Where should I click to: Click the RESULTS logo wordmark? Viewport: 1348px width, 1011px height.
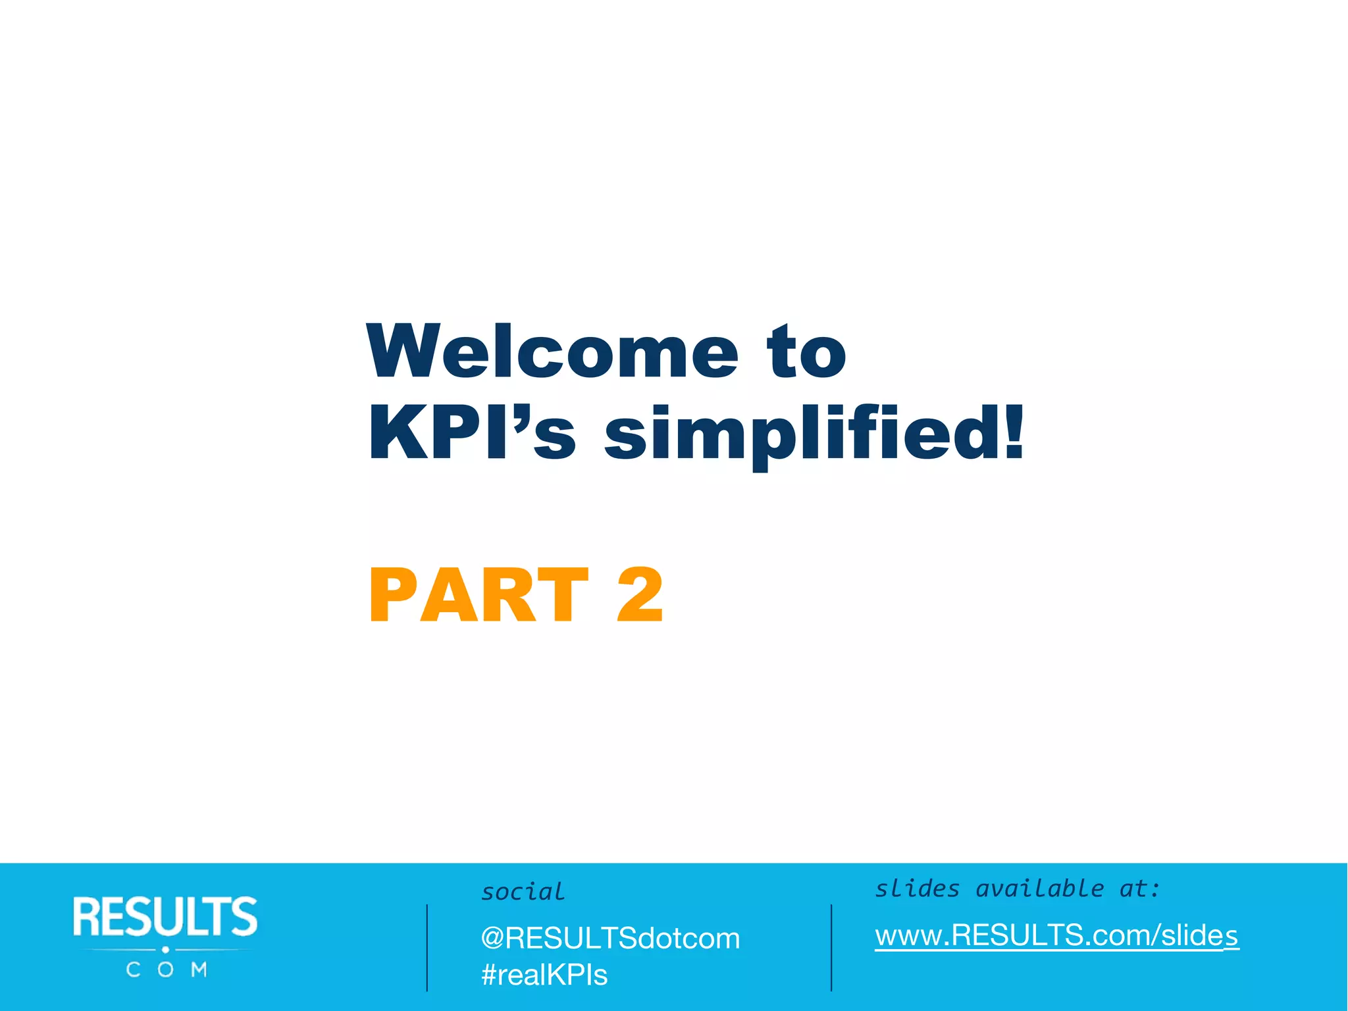click(165, 916)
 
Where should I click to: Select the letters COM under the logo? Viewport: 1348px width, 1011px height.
click(166, 970)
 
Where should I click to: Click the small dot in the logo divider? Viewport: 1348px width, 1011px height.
click(165, 950)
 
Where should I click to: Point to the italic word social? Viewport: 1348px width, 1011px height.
click(523, 892)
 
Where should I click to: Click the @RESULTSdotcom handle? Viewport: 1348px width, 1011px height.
click(610, 938)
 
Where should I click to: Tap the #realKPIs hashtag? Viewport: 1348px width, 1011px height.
click(544, 975)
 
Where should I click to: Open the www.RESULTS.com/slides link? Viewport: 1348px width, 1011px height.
click(1056, 935)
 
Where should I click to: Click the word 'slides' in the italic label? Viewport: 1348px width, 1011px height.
click(917, 889)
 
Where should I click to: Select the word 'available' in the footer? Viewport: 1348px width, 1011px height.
click(1039, 889)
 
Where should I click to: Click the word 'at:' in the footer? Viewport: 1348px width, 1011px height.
click(1139, 889)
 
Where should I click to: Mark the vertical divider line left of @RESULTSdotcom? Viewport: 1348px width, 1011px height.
click(427, 948)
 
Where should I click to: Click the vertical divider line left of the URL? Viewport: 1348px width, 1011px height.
click(831, 948)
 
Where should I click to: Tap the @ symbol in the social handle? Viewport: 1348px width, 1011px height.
click(492, 939)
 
